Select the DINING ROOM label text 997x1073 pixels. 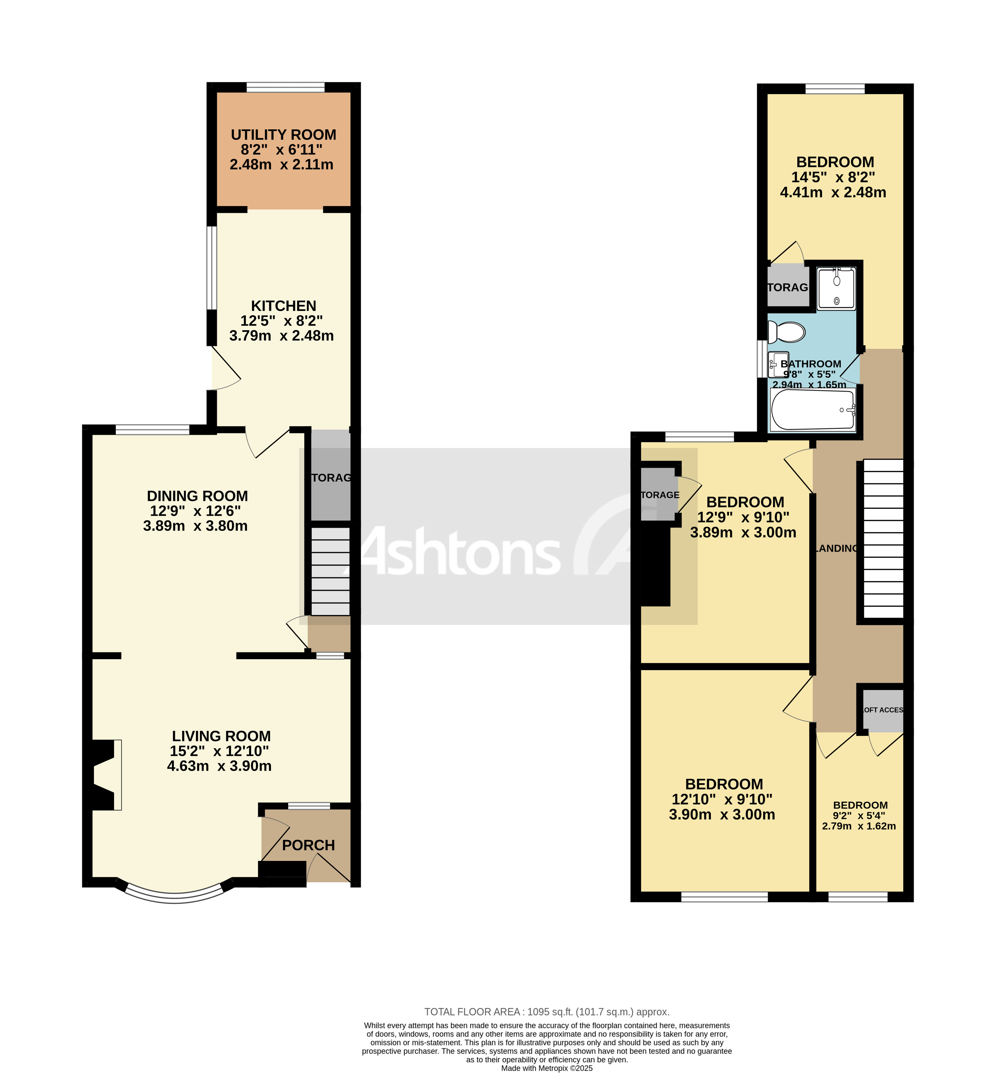198,496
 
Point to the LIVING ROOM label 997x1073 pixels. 221,736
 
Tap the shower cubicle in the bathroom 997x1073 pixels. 836,289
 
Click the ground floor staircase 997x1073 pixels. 330,571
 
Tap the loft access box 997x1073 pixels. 882,710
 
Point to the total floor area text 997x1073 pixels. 546,1012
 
